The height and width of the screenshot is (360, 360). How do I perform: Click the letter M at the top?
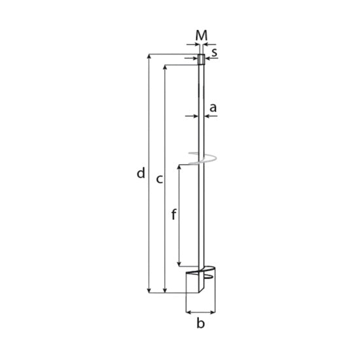(202, 35)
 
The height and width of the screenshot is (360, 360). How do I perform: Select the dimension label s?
(214, 52)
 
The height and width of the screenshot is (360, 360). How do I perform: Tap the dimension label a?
(213, 108)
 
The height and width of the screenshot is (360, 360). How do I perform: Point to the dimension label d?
(141, 173)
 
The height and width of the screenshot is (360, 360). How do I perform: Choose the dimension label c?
(159, 179)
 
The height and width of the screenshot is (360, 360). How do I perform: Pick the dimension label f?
(174, 214)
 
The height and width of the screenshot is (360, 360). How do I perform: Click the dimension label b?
(200, 323)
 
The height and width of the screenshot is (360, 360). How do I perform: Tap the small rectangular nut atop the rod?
(201, 60)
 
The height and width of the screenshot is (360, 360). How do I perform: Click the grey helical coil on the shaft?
(202, 158)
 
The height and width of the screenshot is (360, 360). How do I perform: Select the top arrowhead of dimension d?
(149, 57)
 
